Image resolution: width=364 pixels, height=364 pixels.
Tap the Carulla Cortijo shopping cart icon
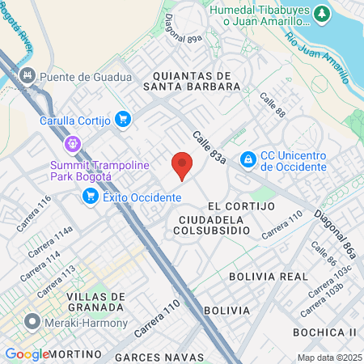(123, 120)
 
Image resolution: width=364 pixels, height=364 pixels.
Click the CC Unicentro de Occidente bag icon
(248, 160)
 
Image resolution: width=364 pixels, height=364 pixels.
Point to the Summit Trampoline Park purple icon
(74, 144)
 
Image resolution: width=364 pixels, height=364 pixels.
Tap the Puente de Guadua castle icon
(27, 77)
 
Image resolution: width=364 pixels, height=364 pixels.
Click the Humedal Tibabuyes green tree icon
(322, 13)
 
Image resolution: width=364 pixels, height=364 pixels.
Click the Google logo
(27, 354)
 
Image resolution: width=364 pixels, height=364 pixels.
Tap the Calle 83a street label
(213, 145)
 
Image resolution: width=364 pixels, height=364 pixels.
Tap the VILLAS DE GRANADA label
(84, 303)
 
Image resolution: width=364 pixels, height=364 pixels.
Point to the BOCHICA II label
(324, 332)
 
